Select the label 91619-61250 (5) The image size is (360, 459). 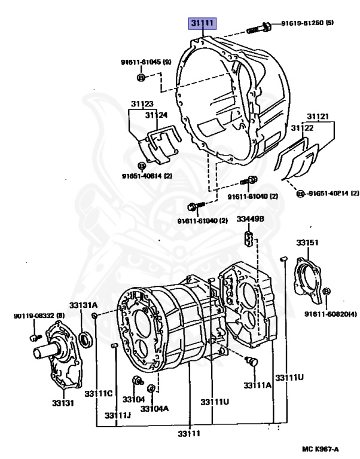pyautogui.click(x=307, y=24)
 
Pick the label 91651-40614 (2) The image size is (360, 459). pyautogui.click(x=146, y=176)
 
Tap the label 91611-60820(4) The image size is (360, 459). pyautogui.click(x=330, y=314)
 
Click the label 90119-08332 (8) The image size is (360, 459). pyautogui.click(x=39, y=315)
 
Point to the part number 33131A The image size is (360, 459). pyautogui.click(x=83, y=305)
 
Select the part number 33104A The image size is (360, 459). pyautogui.click(x=154, y=408)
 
